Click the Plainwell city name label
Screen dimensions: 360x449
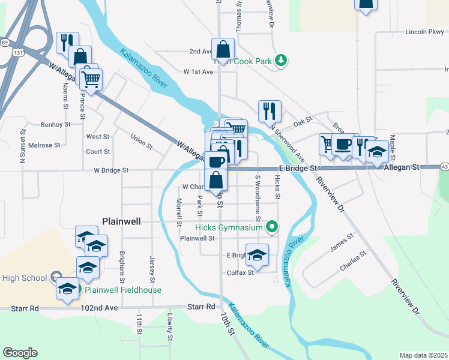coord(121,221)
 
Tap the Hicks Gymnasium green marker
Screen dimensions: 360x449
coord(272,227)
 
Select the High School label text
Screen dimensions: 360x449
coord(25,278)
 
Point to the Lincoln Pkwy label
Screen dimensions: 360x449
coord(424,32)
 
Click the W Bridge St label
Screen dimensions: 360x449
coord(111,170)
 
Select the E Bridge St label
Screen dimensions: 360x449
coord(297,170)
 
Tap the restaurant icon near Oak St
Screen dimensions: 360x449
coord(269,110)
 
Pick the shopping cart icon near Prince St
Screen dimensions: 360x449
coord(91,79)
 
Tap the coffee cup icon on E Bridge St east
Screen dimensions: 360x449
coord(343,145)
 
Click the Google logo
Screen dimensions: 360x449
coord(20,353)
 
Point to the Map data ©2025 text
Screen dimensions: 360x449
coord(423,355)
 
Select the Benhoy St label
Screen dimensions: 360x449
coord(55,125)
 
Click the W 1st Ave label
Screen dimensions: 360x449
coord(199,72)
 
